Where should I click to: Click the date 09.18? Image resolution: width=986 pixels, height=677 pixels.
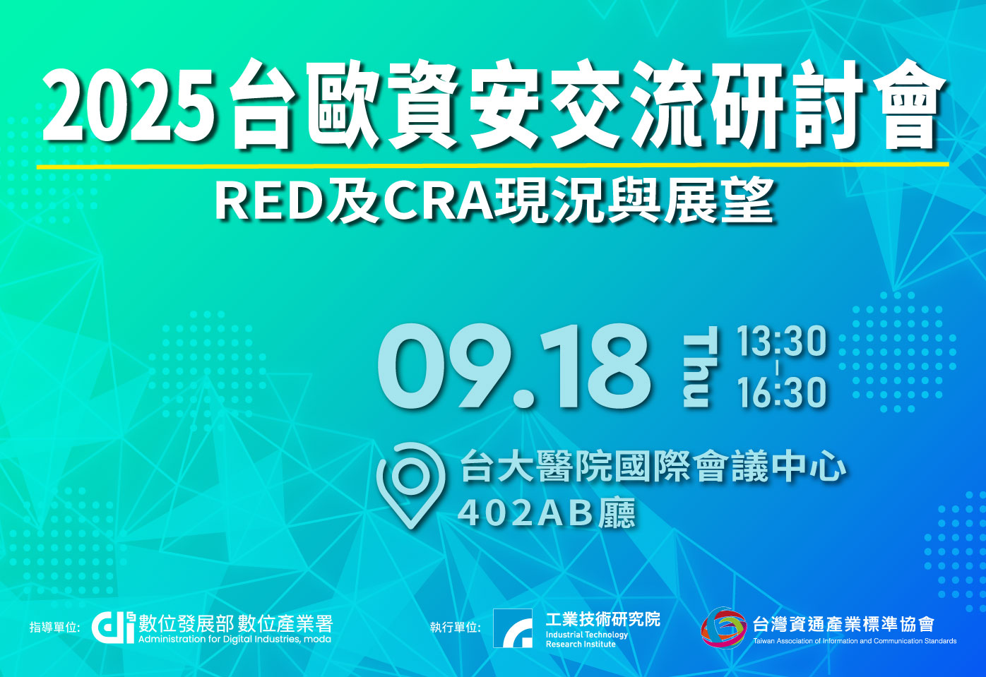tap(514, 366)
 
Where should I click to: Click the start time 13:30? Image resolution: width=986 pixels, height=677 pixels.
tap(782, 341)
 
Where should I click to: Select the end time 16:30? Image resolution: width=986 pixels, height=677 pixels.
tap(782, 393)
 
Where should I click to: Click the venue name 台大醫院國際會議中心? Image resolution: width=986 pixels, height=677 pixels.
tap(653, 467)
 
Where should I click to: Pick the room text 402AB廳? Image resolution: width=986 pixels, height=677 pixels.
tap(547, 513)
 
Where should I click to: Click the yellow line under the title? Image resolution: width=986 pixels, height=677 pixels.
tap(492, 165)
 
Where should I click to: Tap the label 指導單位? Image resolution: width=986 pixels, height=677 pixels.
tap(54, 627)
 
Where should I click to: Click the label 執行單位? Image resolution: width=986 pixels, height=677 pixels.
tap(455, 627)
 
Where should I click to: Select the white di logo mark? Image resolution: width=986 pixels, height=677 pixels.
tap(113, 628)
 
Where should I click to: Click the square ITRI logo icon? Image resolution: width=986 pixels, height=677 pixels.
tap(512, 628)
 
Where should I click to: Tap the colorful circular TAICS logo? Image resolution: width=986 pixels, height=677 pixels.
tap(724, 628)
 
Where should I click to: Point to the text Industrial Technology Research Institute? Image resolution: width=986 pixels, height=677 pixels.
tap(587, 639)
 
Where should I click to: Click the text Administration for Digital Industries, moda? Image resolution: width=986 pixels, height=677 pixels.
tap(234, 639)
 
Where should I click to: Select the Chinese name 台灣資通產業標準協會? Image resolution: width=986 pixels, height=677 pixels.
tap(843, 624)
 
